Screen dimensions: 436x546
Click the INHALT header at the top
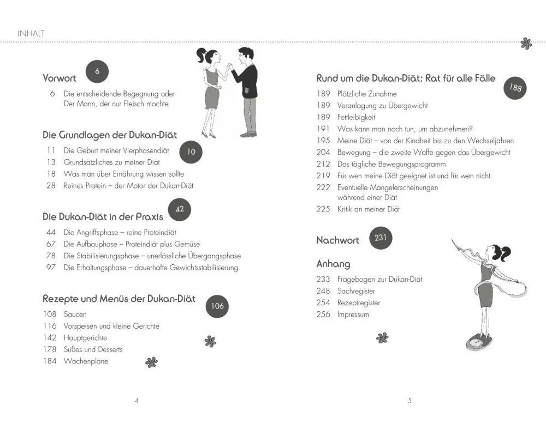31,33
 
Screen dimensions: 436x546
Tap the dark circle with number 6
97,71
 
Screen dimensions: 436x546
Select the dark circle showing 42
180,209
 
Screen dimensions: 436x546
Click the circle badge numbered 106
217,306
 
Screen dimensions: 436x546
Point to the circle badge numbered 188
515,87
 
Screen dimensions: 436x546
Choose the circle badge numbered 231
381,238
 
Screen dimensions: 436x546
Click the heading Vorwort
60,78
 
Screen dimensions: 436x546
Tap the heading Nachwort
337,240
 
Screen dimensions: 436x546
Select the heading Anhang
333,264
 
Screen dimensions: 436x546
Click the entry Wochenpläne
86,361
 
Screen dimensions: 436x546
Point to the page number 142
50,338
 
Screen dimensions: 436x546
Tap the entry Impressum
353,314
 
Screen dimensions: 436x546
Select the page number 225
323,209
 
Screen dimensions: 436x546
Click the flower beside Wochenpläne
151,362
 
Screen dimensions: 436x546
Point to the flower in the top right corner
526,44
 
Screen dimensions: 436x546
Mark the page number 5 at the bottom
410,401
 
